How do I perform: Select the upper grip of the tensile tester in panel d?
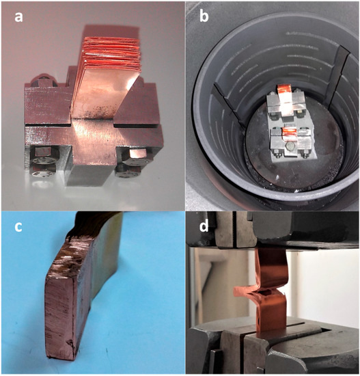point(273,232)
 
